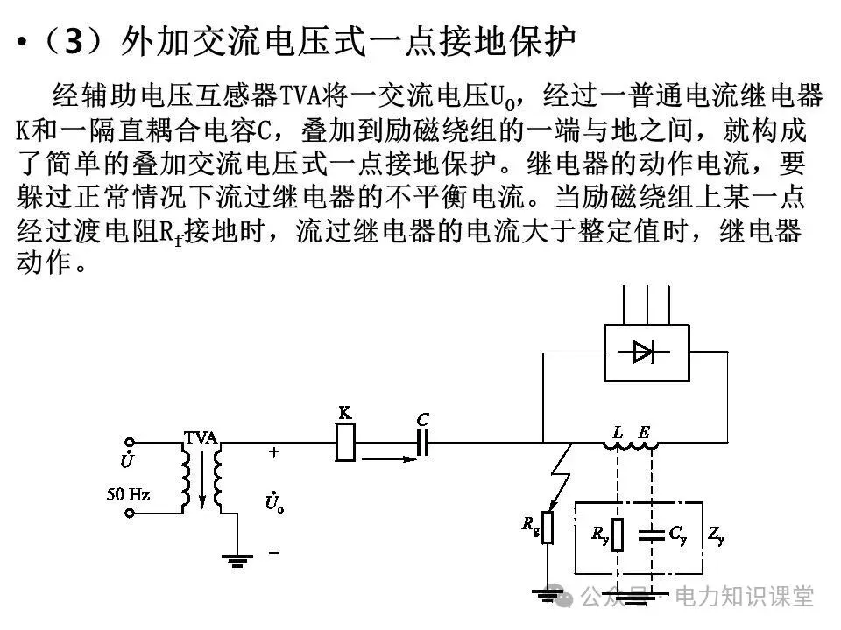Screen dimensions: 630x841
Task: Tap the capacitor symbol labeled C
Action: coord(421,444)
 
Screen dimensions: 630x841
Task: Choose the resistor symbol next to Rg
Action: coord(548,527)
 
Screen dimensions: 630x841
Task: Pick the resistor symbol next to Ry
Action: coord(618,534)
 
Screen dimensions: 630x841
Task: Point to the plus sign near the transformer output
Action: coord(273,452)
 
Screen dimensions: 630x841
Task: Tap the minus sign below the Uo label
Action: coord(273,552)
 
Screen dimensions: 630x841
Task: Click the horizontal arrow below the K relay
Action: coord(385,457)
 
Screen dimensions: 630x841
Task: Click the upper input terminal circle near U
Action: coord(130,444)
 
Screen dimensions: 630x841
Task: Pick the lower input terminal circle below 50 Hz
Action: coord(130,514)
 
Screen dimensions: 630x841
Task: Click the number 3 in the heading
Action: coord(74,41)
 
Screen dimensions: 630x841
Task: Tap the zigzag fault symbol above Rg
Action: coord(561,477)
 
